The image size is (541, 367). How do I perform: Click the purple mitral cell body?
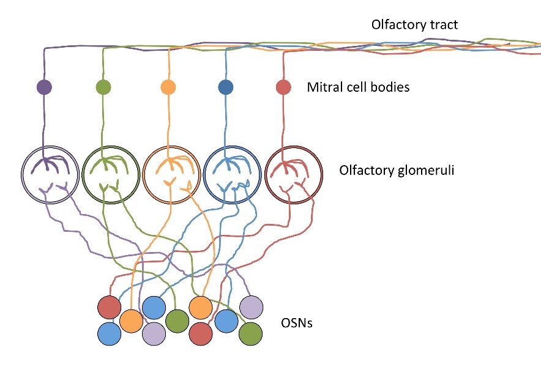(43, 87)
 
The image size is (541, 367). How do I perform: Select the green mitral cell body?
(103, 87)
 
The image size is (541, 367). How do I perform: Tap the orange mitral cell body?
(168, 87)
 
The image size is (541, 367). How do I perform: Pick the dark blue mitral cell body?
(226, 87)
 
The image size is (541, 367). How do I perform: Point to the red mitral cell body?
(283, 87)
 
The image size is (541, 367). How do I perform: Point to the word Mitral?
(322, 87)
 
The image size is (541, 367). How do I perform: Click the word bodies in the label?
(390, 87)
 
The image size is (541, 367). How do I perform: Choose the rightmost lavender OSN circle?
(251, 307)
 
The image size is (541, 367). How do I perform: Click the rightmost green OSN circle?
(250, 333)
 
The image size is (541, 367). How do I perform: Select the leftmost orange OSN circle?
(131, 321)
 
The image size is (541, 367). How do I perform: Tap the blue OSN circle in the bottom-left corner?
(110, 333)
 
